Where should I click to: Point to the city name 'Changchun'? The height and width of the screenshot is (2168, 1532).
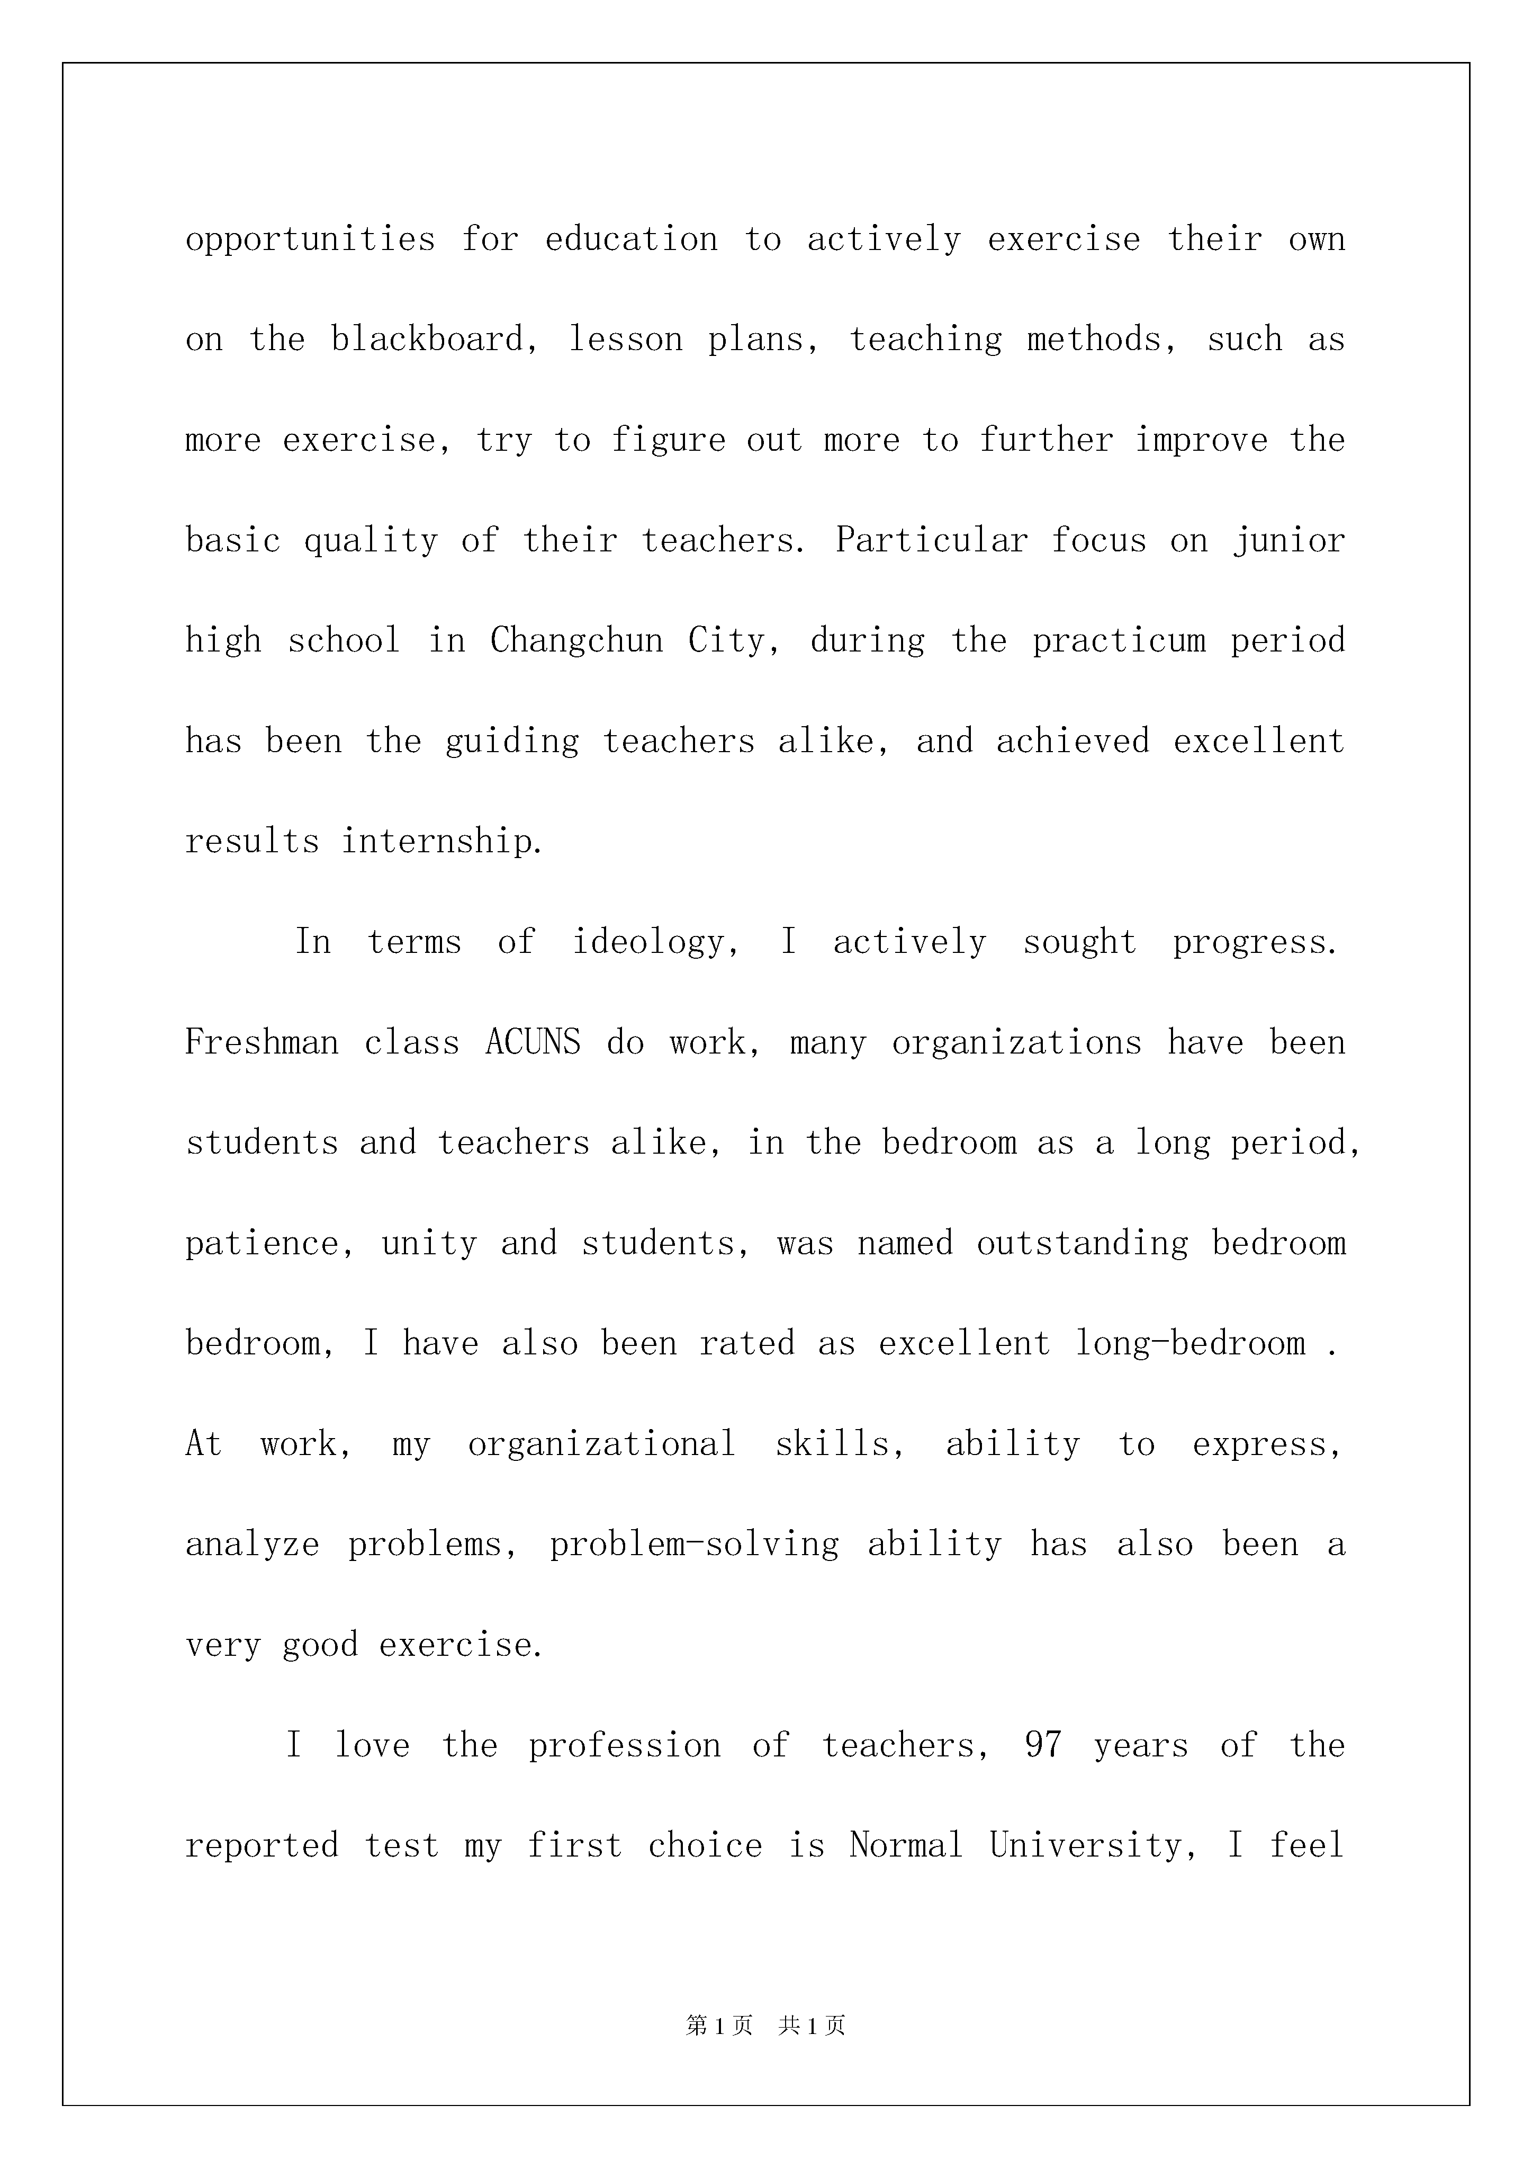click(576, 640)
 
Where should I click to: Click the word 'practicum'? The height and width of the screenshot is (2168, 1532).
click(1119, 640)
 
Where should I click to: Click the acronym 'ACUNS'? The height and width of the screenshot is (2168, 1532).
click(533, 1042)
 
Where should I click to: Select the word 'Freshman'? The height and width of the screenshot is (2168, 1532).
click(262, 1042)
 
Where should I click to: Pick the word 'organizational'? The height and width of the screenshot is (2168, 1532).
click(601, 1444)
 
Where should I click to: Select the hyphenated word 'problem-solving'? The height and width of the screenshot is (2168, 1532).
click(694, 1545)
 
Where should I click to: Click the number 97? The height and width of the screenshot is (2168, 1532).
click(1043, 1746)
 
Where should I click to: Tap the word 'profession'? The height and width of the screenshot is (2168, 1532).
click(625, 1746)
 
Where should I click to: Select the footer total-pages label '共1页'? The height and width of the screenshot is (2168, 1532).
click(812, 2026)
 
